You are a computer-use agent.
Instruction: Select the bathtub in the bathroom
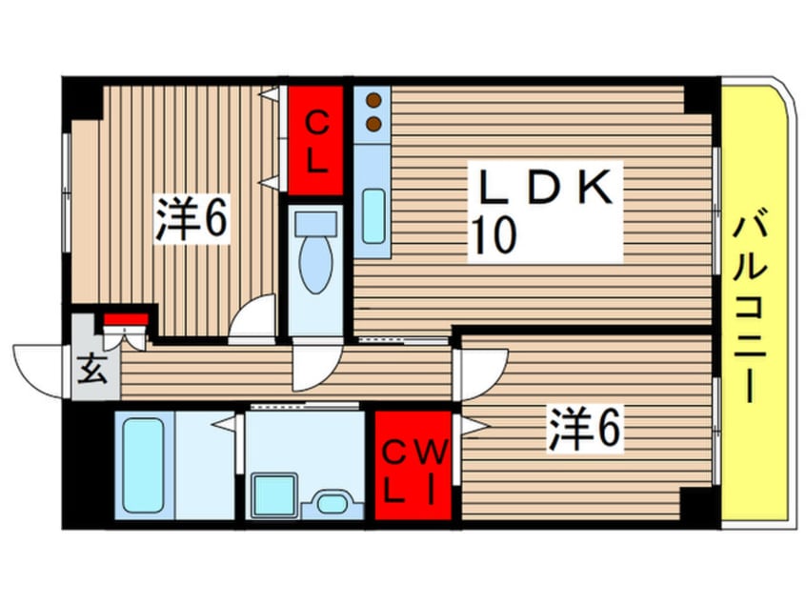tap(144, 463)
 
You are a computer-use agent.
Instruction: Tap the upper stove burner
tap(373, 100)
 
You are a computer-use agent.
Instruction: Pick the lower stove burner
tap(373, 123)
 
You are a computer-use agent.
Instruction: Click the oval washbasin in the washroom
tap(332, 502)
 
